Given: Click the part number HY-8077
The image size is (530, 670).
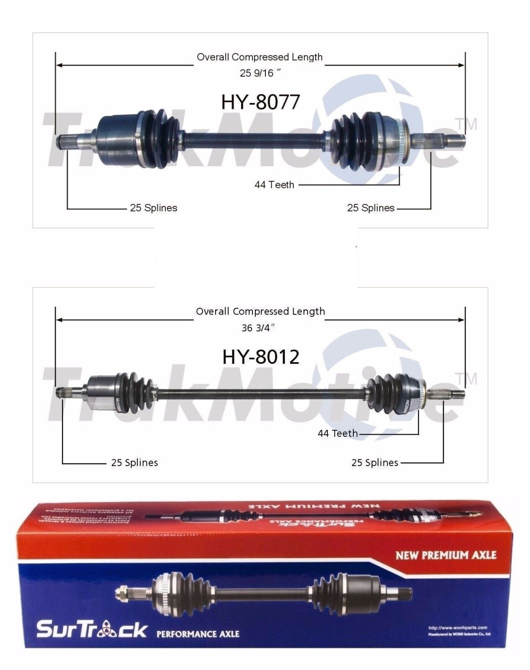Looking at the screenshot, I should coord(260,102).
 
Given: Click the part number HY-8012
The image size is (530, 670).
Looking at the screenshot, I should coord(260,357).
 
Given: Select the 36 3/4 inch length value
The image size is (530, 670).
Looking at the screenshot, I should coord(258,328).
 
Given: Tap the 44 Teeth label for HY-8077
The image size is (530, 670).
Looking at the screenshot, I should coord(274,185).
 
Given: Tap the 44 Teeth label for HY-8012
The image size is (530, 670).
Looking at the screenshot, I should coord(337,433).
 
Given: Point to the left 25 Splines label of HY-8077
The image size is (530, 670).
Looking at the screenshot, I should coord(154,208).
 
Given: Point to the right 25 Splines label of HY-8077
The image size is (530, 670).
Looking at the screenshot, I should coord(371,208).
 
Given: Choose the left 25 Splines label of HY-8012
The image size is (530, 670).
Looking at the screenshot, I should coord(134,463).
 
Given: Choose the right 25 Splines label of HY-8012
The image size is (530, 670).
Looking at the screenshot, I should coord(375,463).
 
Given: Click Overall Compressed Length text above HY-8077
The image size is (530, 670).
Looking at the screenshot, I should coord(260,57).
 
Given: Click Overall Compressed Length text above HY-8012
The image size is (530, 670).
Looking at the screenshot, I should coord(260,312).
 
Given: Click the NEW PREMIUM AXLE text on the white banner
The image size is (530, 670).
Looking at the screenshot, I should coord(446,555).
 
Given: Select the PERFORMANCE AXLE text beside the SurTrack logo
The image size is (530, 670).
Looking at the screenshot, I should coord(198,633).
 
